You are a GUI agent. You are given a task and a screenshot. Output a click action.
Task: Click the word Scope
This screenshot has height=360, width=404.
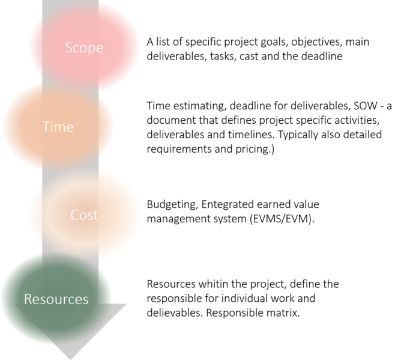pos(84,47)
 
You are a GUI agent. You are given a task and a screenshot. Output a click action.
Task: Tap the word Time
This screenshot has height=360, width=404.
pos(58,127)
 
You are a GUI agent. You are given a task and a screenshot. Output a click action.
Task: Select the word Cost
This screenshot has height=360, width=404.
pos(84,215)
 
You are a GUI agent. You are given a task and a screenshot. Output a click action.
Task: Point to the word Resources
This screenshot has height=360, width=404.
pos(56,299)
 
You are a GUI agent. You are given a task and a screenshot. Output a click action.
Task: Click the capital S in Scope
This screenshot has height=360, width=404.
pos(69,47)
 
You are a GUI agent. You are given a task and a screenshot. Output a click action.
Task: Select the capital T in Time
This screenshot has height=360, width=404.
pos(46,127)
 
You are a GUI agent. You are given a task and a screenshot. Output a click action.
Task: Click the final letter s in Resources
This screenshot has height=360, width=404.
pos(86,299)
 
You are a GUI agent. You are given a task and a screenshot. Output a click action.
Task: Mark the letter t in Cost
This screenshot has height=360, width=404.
pos(95,215)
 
